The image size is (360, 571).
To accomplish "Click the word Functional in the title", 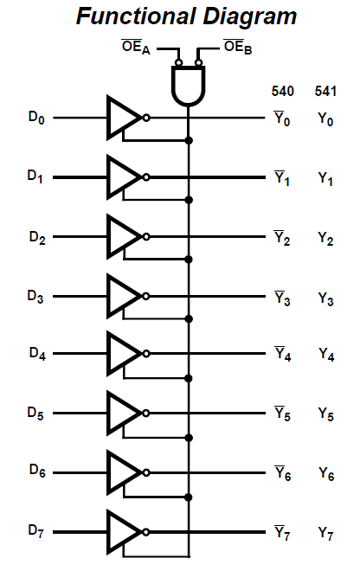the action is point(136,16).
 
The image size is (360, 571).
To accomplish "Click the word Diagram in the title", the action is point(250,16).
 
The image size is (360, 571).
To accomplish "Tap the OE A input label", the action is point(136,48).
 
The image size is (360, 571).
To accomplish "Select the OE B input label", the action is point(238,48).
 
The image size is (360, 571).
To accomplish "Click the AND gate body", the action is point(189,87).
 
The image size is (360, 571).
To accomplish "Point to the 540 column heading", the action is point(283,91).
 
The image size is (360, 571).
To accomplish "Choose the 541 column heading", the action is point(325,91).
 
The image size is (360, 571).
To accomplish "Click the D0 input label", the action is point(36,118).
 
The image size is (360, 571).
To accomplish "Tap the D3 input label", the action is point(35,297).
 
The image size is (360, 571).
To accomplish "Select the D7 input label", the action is point(35,531).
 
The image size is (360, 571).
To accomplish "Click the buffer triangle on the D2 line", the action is point(124,237).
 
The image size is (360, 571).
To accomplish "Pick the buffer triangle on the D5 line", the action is point(124,413).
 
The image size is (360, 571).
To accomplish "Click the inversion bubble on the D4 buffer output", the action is point(146,354).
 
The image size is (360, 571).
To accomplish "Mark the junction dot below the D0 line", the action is point(189,140).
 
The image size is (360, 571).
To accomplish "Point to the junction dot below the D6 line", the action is point(189,497).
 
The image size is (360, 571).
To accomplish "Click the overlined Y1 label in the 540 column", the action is point(282,178).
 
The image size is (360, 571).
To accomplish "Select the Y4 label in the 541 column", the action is point(326,355).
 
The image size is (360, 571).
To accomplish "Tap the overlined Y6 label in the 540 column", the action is point(283,473).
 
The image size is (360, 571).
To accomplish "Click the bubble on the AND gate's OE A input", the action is point(178,62).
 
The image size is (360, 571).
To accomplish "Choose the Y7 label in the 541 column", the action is point(325,534).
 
